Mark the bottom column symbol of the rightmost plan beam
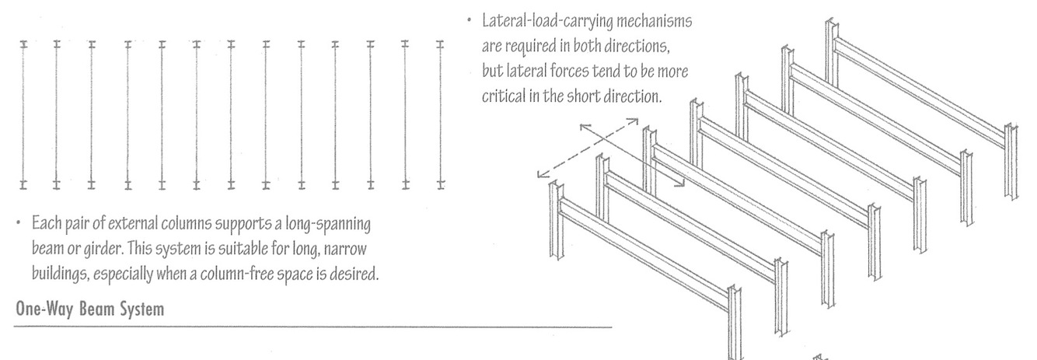[x=439, y=184]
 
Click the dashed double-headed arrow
[x=588, y=147]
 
